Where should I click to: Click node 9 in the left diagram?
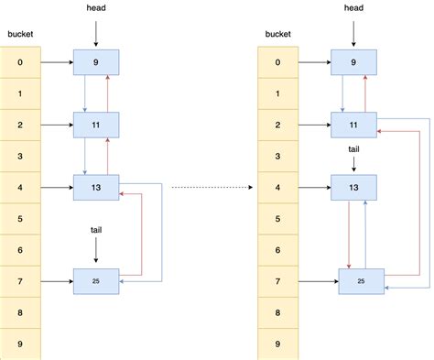tap(96, 63)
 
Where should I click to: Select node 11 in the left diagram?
tap(96, 125)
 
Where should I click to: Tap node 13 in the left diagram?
tap(96, 189)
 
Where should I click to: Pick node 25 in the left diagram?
tap(96, 280)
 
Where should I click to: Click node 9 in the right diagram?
tap(353, 63)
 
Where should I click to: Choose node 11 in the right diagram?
tap(353, 125)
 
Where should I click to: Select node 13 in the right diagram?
tap(353, 189)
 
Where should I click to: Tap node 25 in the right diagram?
tap(362, 280)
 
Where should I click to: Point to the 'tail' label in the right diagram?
tap(353, 149)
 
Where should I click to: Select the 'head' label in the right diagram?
tap(353, 9)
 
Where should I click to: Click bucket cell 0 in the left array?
tap(19, 63)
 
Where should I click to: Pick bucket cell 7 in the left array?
tap(19, 281)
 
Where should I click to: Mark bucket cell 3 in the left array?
tap(19, 157)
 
